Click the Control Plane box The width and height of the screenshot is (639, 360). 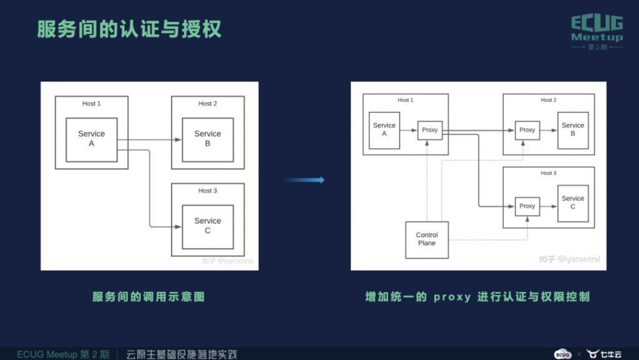(427, 240)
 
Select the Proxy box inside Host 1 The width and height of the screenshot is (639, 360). (430, 130)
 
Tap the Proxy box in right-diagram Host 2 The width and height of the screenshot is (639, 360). (527, 130)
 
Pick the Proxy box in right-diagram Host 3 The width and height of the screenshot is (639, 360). (527, 207)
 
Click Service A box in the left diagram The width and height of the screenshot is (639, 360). (92, 140)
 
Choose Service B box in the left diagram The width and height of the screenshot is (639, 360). (208, 140)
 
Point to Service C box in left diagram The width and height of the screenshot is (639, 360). (208, 227)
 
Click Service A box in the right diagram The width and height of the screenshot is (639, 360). (384, 130)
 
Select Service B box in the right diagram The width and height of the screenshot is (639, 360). (573, 130)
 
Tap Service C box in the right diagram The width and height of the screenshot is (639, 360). (573, 203)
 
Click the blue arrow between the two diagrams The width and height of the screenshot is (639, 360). (305, 180)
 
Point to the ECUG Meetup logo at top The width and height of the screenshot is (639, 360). (597, 32)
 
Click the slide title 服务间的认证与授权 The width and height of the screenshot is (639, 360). (129, 29)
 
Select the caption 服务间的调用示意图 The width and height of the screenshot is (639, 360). (149, 297)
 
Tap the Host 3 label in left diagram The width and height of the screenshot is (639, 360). (207, 190)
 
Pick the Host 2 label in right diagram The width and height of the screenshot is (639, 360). (549, 100)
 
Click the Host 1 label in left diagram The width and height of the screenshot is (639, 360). (91, 104)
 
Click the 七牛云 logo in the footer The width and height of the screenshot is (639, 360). (604, 354)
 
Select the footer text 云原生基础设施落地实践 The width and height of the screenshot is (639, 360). (182, 354)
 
